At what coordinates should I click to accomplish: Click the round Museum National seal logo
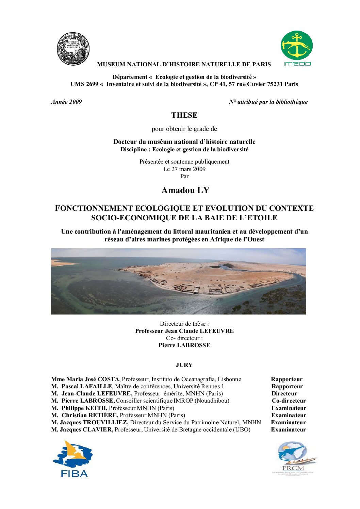(73, 49)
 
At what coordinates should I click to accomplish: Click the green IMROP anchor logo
(296, 46)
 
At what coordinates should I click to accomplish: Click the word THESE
(184, 115)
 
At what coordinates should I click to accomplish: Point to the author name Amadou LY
(185, 190)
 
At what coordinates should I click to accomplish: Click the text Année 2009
(66, 102)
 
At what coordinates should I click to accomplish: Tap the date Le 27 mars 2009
(184, 169)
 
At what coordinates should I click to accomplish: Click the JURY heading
(184, 365)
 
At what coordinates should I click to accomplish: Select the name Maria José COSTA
(93, 379)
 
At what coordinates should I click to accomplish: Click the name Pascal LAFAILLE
(87, 386)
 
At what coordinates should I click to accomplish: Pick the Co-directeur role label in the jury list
(289, 401)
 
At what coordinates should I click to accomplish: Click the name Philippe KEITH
(84, 408)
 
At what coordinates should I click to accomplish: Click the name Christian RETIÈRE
(90, 415)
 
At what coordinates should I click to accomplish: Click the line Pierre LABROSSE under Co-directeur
(184, 345)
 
